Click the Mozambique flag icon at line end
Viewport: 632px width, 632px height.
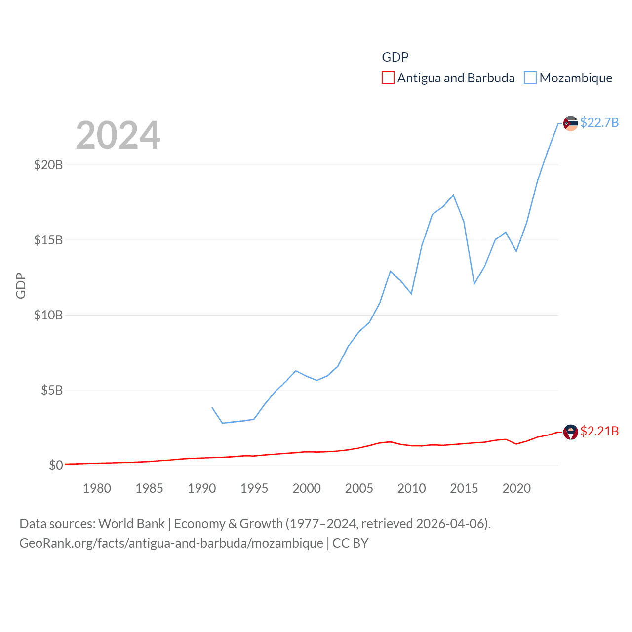click(x=570, y=123)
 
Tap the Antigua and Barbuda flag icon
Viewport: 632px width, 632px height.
click(x=570, y=432)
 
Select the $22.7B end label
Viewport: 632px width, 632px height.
click(x=599, y=122)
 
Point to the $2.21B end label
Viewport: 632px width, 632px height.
click(x=599, y=431)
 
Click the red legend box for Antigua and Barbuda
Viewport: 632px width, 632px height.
click(x=388, y=78)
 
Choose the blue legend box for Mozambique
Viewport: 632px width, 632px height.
click(x=530, y=78)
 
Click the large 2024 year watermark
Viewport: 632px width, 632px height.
click(x=118, y=135)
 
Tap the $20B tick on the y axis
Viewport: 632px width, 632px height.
click(x=48, y=165)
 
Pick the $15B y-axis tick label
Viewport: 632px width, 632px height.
click(x=48, y=240)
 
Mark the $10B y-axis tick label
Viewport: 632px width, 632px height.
click(x=48, y=315)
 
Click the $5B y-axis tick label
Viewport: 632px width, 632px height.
click(x=52, y=390)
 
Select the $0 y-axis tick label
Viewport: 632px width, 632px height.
click(x=56, y=465)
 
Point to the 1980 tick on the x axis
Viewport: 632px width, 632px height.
click(x=97, y=488)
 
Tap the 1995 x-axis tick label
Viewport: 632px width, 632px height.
click(x=254, y=488)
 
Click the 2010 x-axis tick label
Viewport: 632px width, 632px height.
click(x=411, y=488)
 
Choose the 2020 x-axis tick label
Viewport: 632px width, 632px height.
click(x=516, y=488)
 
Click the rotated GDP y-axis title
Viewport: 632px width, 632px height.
click(x=21, y=285)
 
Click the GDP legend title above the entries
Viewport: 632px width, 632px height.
click(x=395, y=57)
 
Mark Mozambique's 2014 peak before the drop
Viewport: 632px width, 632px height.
click(x=453, y=195)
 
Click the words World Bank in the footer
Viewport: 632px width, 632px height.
click(x=131, y=523)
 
